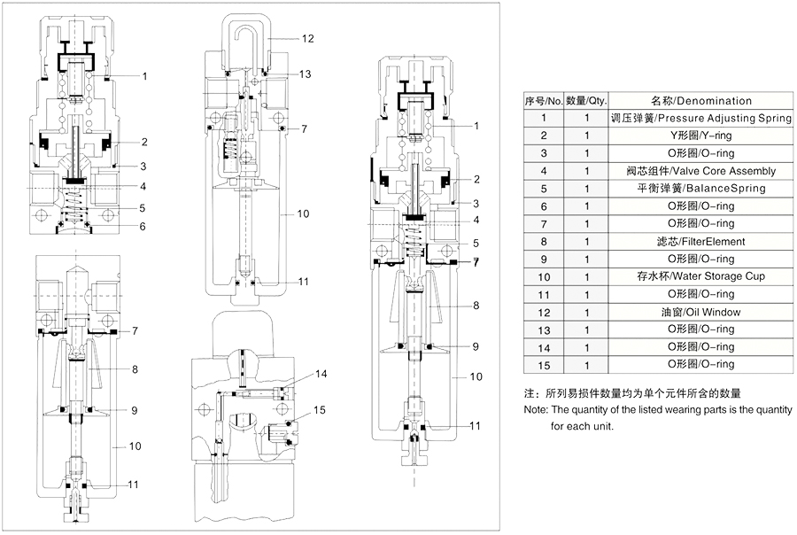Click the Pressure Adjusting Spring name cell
pos(700,118)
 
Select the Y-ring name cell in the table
pos(700,136)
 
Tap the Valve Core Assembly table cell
pos(700,170)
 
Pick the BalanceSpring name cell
pos(700,188)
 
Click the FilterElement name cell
pos(700,241)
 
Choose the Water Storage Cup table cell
pos(700,276)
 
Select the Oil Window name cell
pos(700,312)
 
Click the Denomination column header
pos(700,101)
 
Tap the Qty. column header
pos(586,101)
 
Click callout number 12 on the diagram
pos(306,39)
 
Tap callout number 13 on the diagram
pos(306,74)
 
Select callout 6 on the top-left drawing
pos(141,226)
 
